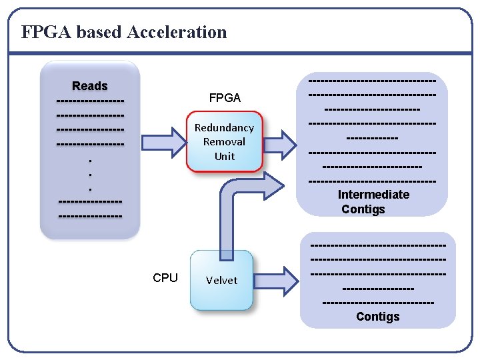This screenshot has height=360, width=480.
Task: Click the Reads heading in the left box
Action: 90,86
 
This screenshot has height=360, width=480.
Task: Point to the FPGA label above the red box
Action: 225,98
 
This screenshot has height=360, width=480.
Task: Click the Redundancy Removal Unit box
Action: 224,141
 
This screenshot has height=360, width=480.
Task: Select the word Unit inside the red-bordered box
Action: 225,156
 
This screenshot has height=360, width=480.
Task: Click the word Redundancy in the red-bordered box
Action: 224,127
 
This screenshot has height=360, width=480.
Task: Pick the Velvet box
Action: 221,280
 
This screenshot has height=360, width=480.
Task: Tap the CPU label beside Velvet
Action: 165,278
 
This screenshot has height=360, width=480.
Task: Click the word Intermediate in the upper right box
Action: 373,195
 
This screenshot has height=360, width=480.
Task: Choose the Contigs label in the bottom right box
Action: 377,317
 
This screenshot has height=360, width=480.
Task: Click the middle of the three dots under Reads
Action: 90,175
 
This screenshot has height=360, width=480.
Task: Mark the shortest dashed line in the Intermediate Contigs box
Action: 372,138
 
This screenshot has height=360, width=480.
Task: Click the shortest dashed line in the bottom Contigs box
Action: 377,289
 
